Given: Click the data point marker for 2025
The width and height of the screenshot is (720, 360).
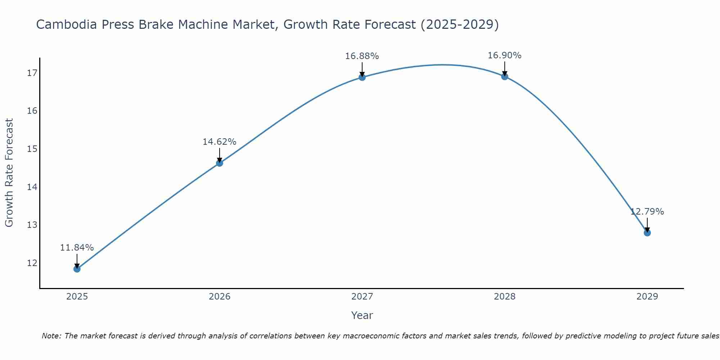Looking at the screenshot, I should pyautogui.click(x=77, y=269).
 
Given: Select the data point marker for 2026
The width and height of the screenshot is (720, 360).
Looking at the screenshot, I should pyautogui.click(x=220, y=163).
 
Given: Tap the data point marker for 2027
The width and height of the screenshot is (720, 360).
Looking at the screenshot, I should pyautogui.click(x=362, y=77).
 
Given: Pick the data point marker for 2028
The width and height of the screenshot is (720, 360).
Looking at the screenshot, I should pyautogui.click(x=505, y=76).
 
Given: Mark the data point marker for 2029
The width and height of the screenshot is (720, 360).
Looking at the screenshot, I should pyautogui.click(x=647, y=233).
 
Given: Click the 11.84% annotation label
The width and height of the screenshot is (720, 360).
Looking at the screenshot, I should pyautogui.click(x=77, y=248).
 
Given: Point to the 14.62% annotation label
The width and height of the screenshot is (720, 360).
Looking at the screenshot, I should pyautogui.click(x=219, y=142).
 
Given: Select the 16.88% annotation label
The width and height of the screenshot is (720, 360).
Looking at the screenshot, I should pyautogui.click(x=362, y=56).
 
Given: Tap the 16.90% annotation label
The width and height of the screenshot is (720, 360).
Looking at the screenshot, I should pyautogui.click(x=504, y=55).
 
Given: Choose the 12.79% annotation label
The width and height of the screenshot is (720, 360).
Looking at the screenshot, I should pyautogui.click(x=647, y=212).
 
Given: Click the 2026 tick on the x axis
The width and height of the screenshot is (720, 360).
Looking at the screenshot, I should pyautogui.click(x=220, y=297).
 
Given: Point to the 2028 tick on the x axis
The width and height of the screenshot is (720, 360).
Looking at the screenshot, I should pyautogui.click(x=505, y=297).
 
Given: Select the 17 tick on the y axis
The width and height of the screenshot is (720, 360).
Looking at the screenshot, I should pyautogui.click(x=32, y=73).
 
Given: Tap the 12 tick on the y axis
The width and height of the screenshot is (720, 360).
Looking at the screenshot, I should pyautogui.click(x=32, y=263).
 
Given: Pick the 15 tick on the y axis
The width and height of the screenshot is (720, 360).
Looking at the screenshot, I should pyautogui.click(x=32, y=149).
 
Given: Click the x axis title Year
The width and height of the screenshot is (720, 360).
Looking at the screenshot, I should pyautogui.click(x=362, y=315).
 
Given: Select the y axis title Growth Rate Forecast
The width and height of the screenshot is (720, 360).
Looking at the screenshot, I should pyautogui.click(x=9, y=173).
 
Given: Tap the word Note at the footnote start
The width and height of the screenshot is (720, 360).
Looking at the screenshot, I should pyautogui.click(x=51, y=336).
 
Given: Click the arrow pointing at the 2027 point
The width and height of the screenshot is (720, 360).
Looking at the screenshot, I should pyautogui.click(x=362, y=69).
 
